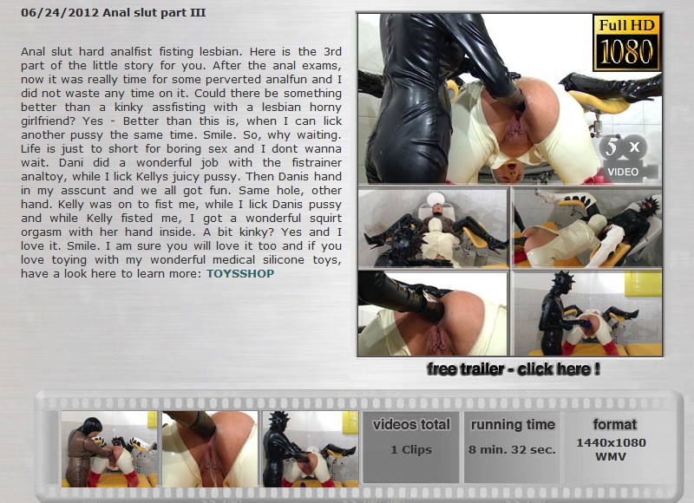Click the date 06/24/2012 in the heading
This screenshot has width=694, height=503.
click(60, 13)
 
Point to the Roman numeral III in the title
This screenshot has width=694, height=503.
click(198, 12)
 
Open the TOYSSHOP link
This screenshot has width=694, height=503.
click(240, 273)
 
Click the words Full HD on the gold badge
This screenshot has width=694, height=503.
click(626, 25)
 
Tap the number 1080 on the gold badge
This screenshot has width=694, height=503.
click(626, 51)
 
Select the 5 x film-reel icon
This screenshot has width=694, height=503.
click(623, 147)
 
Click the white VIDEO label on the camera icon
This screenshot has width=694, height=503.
click(623, 172)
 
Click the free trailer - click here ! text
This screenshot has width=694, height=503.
click(514, 369)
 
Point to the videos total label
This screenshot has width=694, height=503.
click(411, 425)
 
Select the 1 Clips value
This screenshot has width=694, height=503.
click(411, 449)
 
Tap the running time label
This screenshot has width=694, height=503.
click(513, 425)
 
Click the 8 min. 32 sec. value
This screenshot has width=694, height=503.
click(512, 449)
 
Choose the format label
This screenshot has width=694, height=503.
click(615, 425)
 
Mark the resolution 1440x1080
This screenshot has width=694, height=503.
click(612, 443)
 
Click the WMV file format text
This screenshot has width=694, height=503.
click(611, 456)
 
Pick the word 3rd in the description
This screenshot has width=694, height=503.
click(332, 51)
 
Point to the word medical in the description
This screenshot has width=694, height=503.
click(233, 259)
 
